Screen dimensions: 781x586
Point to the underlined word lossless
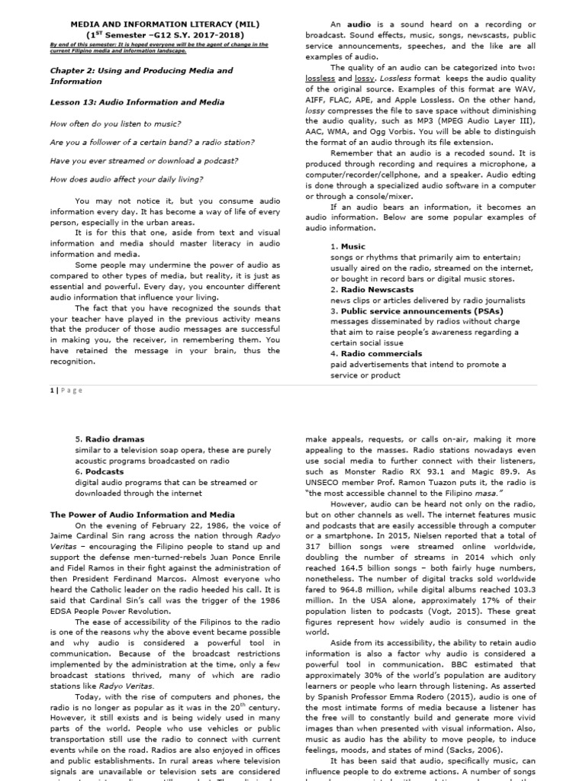[x=319, y=79]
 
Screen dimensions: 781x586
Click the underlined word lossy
[x=365, y=79]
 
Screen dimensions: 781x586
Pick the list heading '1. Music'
[x=348, y=246]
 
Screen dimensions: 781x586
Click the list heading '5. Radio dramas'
[x=109, y=439]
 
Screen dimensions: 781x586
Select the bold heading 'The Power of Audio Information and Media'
[x=142, y=515]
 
